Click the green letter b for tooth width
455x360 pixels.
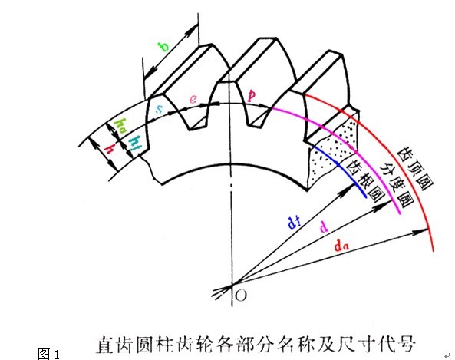pyautogui.click(x=163, y=47)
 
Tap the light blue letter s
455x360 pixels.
pyautogui.click(x=160, y=109)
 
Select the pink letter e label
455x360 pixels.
pyautogui.click(x=193, y=99)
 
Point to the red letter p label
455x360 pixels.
pyautogui.click(x=251, y=95)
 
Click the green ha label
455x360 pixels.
pyautogui.click(x=120, y=127)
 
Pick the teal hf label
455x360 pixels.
pyautogui.click(x=134, y=143)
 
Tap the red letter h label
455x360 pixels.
pyautogui.click(x=110, y=149)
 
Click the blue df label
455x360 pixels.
pyautogui.click(x=294, y=223)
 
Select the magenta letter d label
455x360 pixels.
pyautogui.click(x=324, y=226)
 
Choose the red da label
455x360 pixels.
pyautogui.click(x=341, y=246)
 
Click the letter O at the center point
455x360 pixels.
pyautogui.click(x=241, y=296)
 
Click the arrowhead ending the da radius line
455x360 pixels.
pyautogui.click(x=421, y=231)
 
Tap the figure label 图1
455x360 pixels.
pyautogui.click(x=49, y=354)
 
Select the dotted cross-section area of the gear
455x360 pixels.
pyautogui.click(x=334, y=148)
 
